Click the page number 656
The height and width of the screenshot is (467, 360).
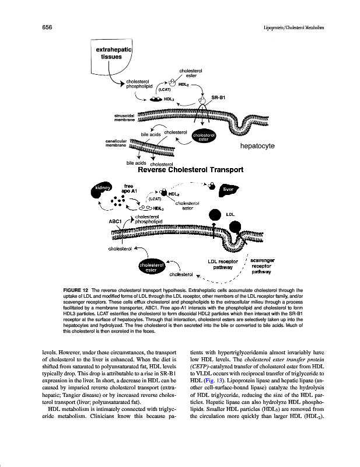click(x=48, y=27)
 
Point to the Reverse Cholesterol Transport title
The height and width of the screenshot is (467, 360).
click(x=190, y=171)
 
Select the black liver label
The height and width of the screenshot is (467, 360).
click(x=228, y=190)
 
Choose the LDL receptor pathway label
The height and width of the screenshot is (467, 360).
click(x=223, y=264)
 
